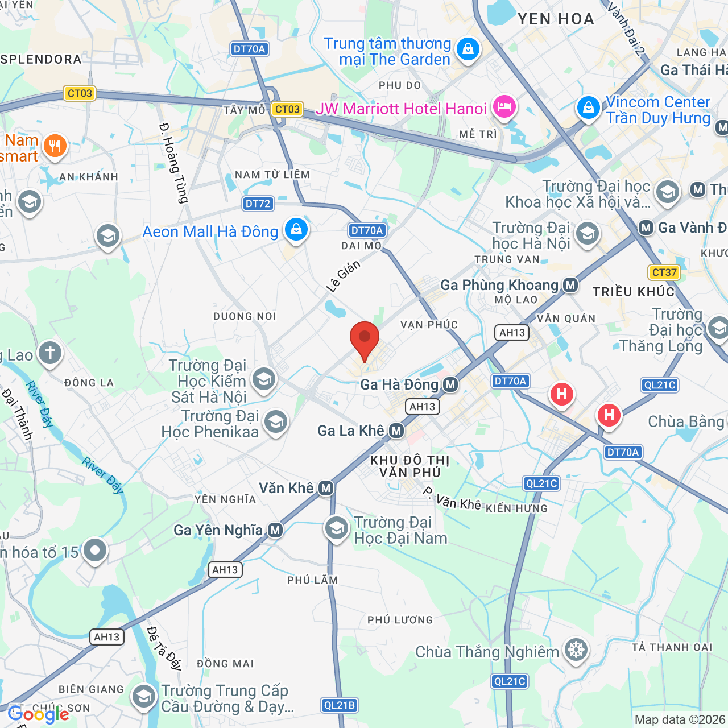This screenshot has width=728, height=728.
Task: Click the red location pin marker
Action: tap(365, 339)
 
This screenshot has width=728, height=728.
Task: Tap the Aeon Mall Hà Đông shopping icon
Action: tap(296, 229)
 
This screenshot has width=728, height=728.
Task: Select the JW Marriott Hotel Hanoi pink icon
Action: tap(504, 106)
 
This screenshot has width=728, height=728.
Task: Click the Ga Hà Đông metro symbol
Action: tap(450, 385)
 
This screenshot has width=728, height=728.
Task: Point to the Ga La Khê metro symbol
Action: tap(397, 431)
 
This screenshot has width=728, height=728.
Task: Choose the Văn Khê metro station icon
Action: tap(325, 488)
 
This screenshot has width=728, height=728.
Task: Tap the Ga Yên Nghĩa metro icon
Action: tap(275, 531)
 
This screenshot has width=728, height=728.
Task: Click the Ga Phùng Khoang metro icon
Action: tap(570, 285)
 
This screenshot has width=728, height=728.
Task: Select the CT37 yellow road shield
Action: tap(664, 272)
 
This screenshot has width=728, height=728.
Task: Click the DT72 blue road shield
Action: tap(258, 204)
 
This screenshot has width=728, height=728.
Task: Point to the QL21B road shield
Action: tap(340, 705)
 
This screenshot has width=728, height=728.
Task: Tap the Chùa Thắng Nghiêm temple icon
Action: tap(576, 650)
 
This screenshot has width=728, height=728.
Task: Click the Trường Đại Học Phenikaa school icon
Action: tap(276, 422)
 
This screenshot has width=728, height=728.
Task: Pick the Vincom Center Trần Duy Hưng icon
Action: tap(589, 107)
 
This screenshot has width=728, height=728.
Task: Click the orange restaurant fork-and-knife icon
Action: tap(55, 146)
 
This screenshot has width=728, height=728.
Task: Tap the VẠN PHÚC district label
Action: tap(429, 325)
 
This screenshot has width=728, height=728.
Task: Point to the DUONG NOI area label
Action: tap(245, 316)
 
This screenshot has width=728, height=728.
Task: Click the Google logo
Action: tap(39, 714)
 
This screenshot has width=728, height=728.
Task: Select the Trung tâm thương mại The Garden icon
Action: tap(468, 49)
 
